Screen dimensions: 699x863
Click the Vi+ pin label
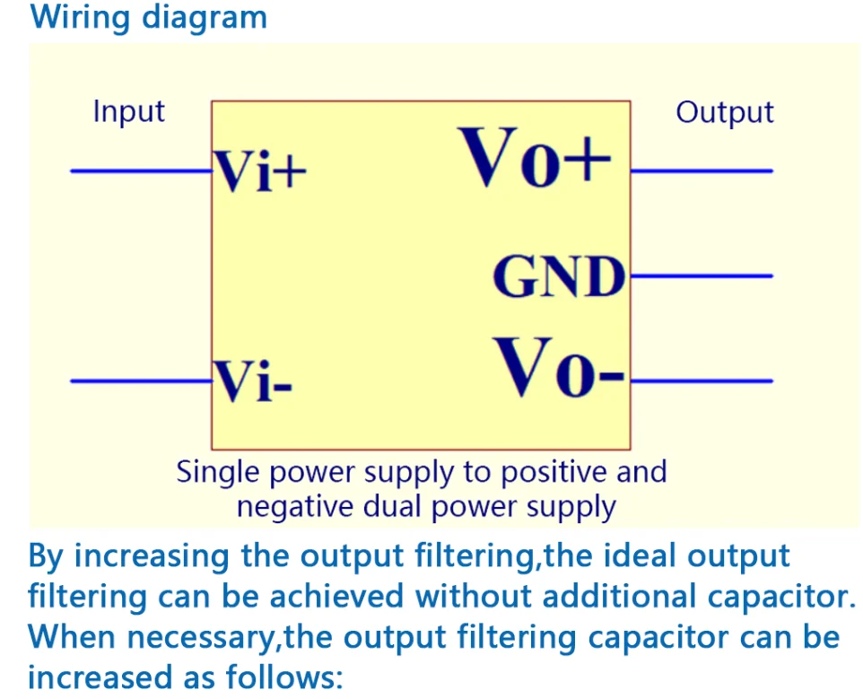(259, 171)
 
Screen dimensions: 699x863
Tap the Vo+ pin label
(536, 159)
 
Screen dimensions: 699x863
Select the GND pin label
(558, 277)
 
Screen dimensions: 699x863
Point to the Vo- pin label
(561, 369)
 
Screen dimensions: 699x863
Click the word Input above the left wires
(129, 112)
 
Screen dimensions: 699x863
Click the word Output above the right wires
(724, 113)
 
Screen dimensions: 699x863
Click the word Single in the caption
(218, 472)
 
